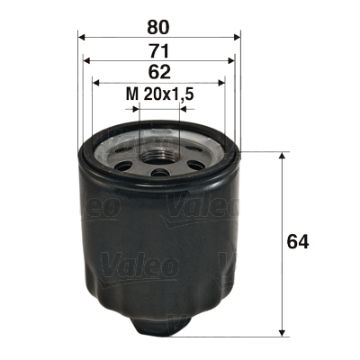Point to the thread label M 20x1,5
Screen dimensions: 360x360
(x=160, y=93)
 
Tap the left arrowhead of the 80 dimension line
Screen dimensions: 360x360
(x=83, y=36)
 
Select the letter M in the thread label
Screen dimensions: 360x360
(x=131, y=93)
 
